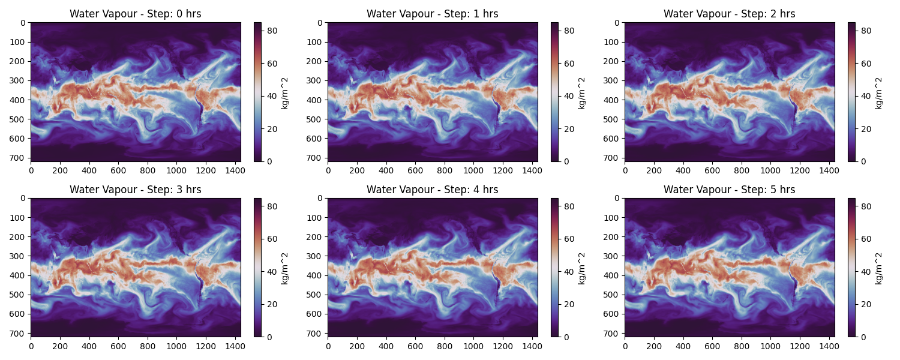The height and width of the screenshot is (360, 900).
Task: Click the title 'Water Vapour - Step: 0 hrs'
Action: point(135,14)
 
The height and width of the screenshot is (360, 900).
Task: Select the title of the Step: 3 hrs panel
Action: point(135,190)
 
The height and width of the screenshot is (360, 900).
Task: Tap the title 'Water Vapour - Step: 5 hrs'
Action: point(729,190)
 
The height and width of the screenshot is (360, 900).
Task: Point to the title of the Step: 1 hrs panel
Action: point(432,14)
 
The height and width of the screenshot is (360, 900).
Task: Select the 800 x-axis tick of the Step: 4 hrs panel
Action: point(445,346)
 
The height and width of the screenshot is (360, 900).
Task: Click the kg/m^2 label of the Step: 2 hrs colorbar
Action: point(879,92)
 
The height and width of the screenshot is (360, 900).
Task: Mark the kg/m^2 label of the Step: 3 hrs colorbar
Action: point(285,268)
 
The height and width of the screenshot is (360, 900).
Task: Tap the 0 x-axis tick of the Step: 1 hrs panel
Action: point(328,170)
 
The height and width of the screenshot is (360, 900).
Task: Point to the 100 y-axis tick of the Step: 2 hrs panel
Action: point(613,42)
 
